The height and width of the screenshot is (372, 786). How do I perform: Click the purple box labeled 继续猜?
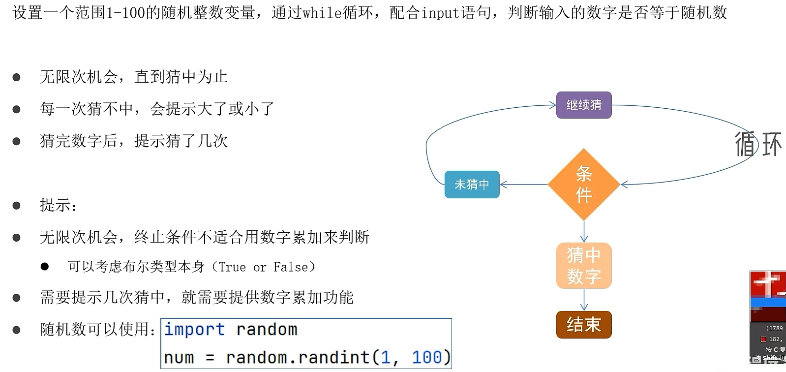584,105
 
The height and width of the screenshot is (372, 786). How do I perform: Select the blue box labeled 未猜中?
472,185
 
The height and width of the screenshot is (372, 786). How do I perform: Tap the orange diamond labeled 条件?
584,185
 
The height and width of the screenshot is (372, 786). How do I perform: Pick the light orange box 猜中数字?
584,266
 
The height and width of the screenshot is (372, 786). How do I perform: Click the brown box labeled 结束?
584,325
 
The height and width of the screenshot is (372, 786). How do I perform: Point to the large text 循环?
758,144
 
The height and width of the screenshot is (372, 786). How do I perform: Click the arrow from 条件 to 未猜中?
524,185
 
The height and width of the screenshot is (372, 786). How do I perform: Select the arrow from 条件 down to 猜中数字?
584,231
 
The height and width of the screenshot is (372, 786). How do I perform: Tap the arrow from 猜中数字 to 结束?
584,300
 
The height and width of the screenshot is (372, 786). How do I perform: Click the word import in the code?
194,329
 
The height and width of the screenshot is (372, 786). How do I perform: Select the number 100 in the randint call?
426,357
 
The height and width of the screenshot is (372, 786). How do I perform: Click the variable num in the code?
179,358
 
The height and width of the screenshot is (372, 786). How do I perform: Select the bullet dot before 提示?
16,206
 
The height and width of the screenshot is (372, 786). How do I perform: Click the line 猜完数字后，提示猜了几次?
134,141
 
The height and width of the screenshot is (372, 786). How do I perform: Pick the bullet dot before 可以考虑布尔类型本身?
45,267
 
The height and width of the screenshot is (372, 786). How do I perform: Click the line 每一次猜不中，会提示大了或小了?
157,109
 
